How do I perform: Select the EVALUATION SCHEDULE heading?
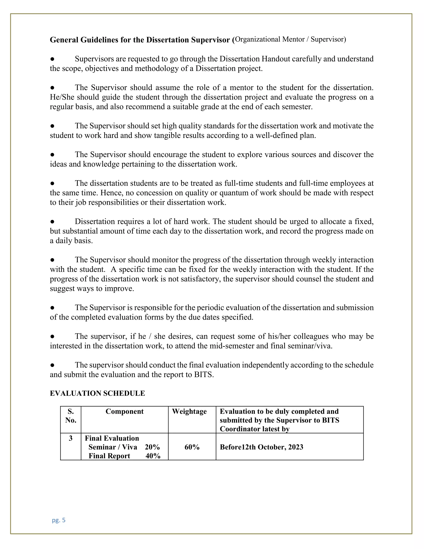[97, 393]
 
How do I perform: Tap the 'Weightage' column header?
[189, 411]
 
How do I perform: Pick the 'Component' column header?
[124, 411]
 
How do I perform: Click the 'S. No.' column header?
[71, 416]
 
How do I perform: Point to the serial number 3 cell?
[71, 438]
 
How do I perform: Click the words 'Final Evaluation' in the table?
[112, 438]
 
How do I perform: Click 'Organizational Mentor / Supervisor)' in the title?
[290, 39]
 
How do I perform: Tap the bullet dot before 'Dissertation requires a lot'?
[52, 221]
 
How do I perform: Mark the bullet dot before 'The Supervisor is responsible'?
[52, 308]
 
